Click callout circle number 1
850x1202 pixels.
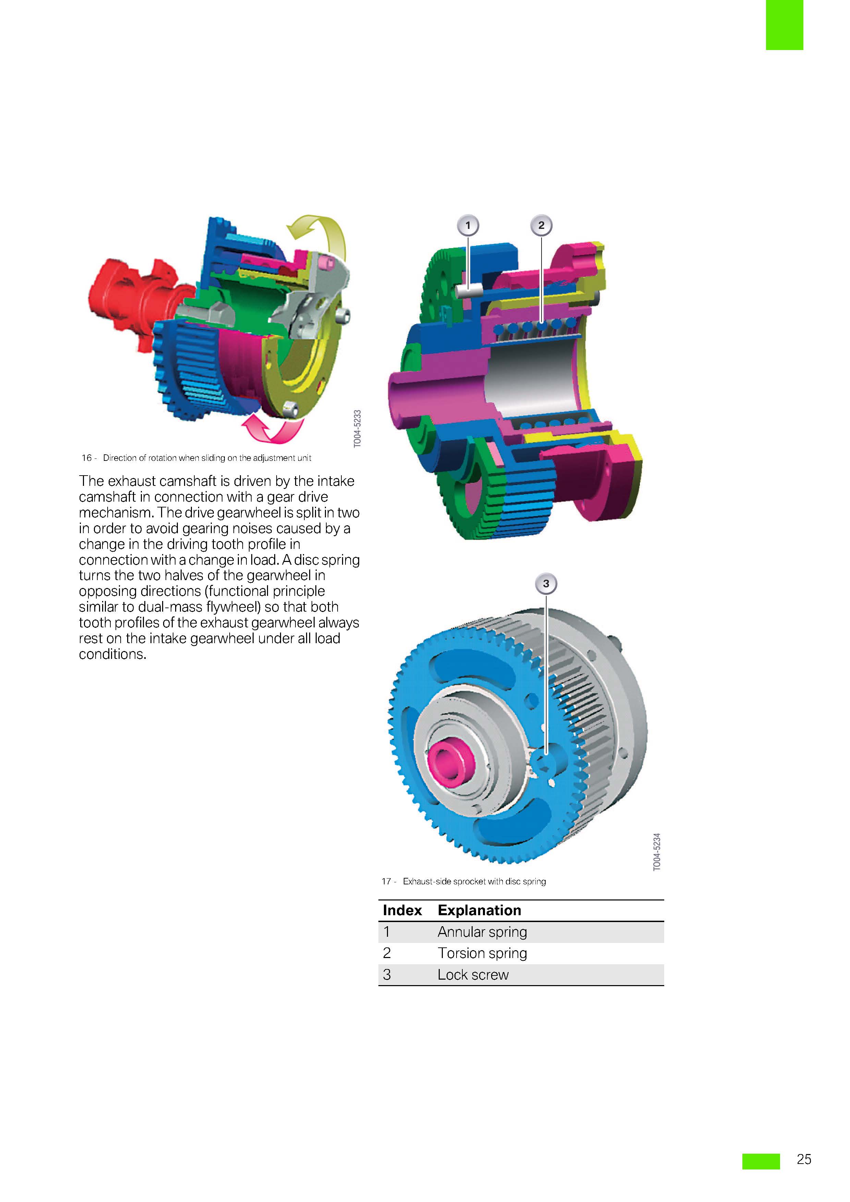[468, 226]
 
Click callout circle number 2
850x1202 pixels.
[541, 226]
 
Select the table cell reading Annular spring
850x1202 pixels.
[482, 932]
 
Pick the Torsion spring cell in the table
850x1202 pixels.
[482, 953]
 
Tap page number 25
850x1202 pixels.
[803, 1159]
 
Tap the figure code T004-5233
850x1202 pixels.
[357, 429]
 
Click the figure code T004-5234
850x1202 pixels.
[657, 852]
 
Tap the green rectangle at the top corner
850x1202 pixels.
[784, 25]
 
